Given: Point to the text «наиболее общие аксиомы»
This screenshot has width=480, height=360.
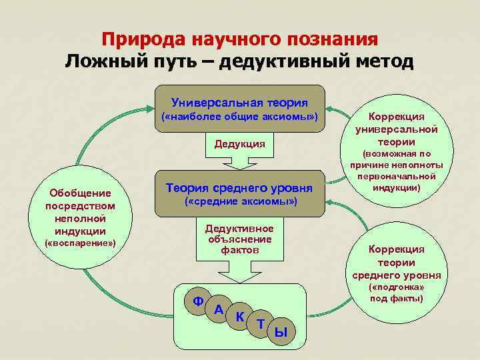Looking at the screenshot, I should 239,118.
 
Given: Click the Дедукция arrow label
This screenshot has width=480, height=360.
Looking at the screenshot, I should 239,144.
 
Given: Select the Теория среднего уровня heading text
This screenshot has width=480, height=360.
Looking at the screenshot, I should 239,188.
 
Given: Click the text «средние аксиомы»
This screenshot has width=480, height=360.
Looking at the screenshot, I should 239,201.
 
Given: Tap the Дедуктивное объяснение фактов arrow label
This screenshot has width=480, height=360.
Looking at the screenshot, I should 239,239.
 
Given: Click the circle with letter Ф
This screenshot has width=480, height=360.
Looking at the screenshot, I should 198,301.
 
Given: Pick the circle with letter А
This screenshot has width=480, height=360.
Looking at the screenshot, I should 219,309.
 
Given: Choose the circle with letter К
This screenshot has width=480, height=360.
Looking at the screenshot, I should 239,317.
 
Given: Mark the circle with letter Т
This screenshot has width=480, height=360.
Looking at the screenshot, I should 261,324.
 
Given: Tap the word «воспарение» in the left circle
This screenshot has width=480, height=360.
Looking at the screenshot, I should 80,243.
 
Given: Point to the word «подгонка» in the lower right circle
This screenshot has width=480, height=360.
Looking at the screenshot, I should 397,287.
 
